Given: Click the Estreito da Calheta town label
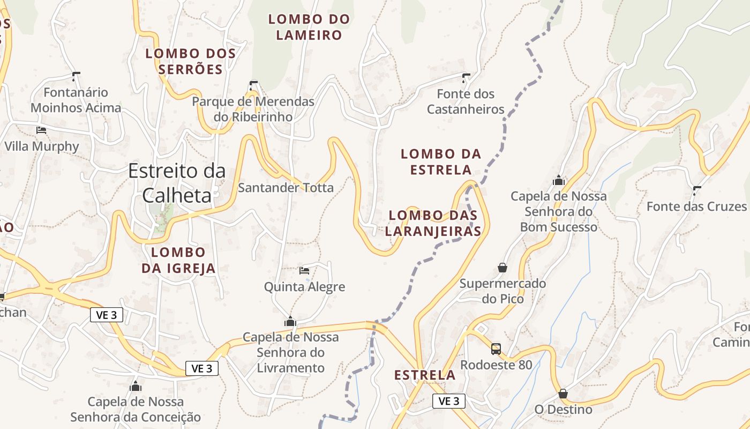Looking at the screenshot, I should point(177,183).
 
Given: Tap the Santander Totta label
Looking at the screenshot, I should point(286,188).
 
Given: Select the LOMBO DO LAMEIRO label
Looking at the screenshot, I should point(309,27).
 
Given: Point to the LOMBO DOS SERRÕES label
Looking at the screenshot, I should point(191,61).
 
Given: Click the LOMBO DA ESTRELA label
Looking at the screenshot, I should point(441,162).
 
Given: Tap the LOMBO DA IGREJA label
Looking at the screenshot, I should point(178,260).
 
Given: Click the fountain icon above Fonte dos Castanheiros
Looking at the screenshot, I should point(466,78).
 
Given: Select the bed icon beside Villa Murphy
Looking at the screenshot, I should point(41,130).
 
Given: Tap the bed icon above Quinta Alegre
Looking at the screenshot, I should point(304,270).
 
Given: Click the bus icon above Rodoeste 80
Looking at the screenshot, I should point(496,349).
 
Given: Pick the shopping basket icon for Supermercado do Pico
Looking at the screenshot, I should point(502,267).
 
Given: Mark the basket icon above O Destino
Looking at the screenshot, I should point(563,394).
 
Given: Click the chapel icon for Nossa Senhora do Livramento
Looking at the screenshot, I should point(290,321).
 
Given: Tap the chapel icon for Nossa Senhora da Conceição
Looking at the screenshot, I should point(136,386).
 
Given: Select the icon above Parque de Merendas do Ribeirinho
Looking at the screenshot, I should point(253,85).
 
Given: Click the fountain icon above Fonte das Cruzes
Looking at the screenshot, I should point(696,190).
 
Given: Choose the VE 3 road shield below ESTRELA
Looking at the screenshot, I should point(449,401).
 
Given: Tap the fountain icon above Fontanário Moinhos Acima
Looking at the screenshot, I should point(76,76).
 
